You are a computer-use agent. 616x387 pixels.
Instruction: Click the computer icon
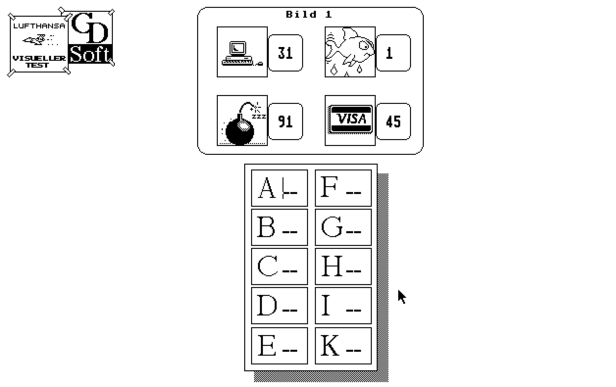pyautogui.click(x=242, y=52)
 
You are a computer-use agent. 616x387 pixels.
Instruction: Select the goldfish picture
pyautogui.click(x=350, y=52)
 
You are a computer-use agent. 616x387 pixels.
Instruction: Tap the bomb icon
pyautogui.click(x=242, y=121)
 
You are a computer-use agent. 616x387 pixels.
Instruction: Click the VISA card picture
pyautogui.click(x=350, y=121)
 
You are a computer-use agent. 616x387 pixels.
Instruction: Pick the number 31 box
pyautogui.click(x=285, y=53)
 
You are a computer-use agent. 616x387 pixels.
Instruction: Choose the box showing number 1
pyautogui.click(x=393, y=53)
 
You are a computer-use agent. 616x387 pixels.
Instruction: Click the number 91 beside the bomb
pyautogui.click(x=285, y=121)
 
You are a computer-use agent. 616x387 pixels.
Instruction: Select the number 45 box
pyautogui.click(x=393, y=121)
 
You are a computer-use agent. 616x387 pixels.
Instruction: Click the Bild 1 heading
pyautogui.click(x=309, y=14)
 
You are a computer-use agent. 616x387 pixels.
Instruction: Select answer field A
pyautogui.click(x=280, y=188)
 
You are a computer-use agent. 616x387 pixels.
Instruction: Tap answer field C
pyautogui.click(x=280, y=266)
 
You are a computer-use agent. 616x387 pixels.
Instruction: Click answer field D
pyautogui.click(x=280, y=306)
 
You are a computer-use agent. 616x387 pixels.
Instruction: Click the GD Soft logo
pyautogui.click(x=91, y=37)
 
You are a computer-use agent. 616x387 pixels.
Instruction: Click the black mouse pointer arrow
pyautogui.click(x=402, y=296)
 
